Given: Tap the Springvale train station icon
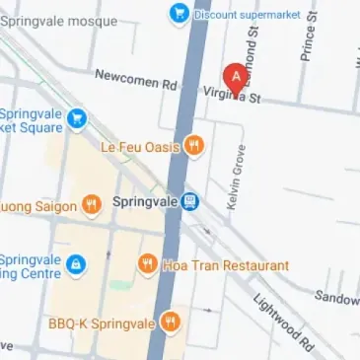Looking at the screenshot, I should (x=190, y=201).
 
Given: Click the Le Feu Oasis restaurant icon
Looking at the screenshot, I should (x=194, y=147).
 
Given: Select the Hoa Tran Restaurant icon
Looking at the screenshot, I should (x=147, y=264).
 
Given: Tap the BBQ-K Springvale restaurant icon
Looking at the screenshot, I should (x=170, y=322).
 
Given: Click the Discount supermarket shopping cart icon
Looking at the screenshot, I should (x=179, y=13).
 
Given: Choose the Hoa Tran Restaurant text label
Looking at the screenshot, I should (x=226, y=265).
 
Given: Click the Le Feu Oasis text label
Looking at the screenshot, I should (x=140, y=147).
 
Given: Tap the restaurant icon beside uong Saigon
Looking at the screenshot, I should (x=92, y=205).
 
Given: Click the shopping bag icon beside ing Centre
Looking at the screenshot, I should (x=76, y=264).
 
